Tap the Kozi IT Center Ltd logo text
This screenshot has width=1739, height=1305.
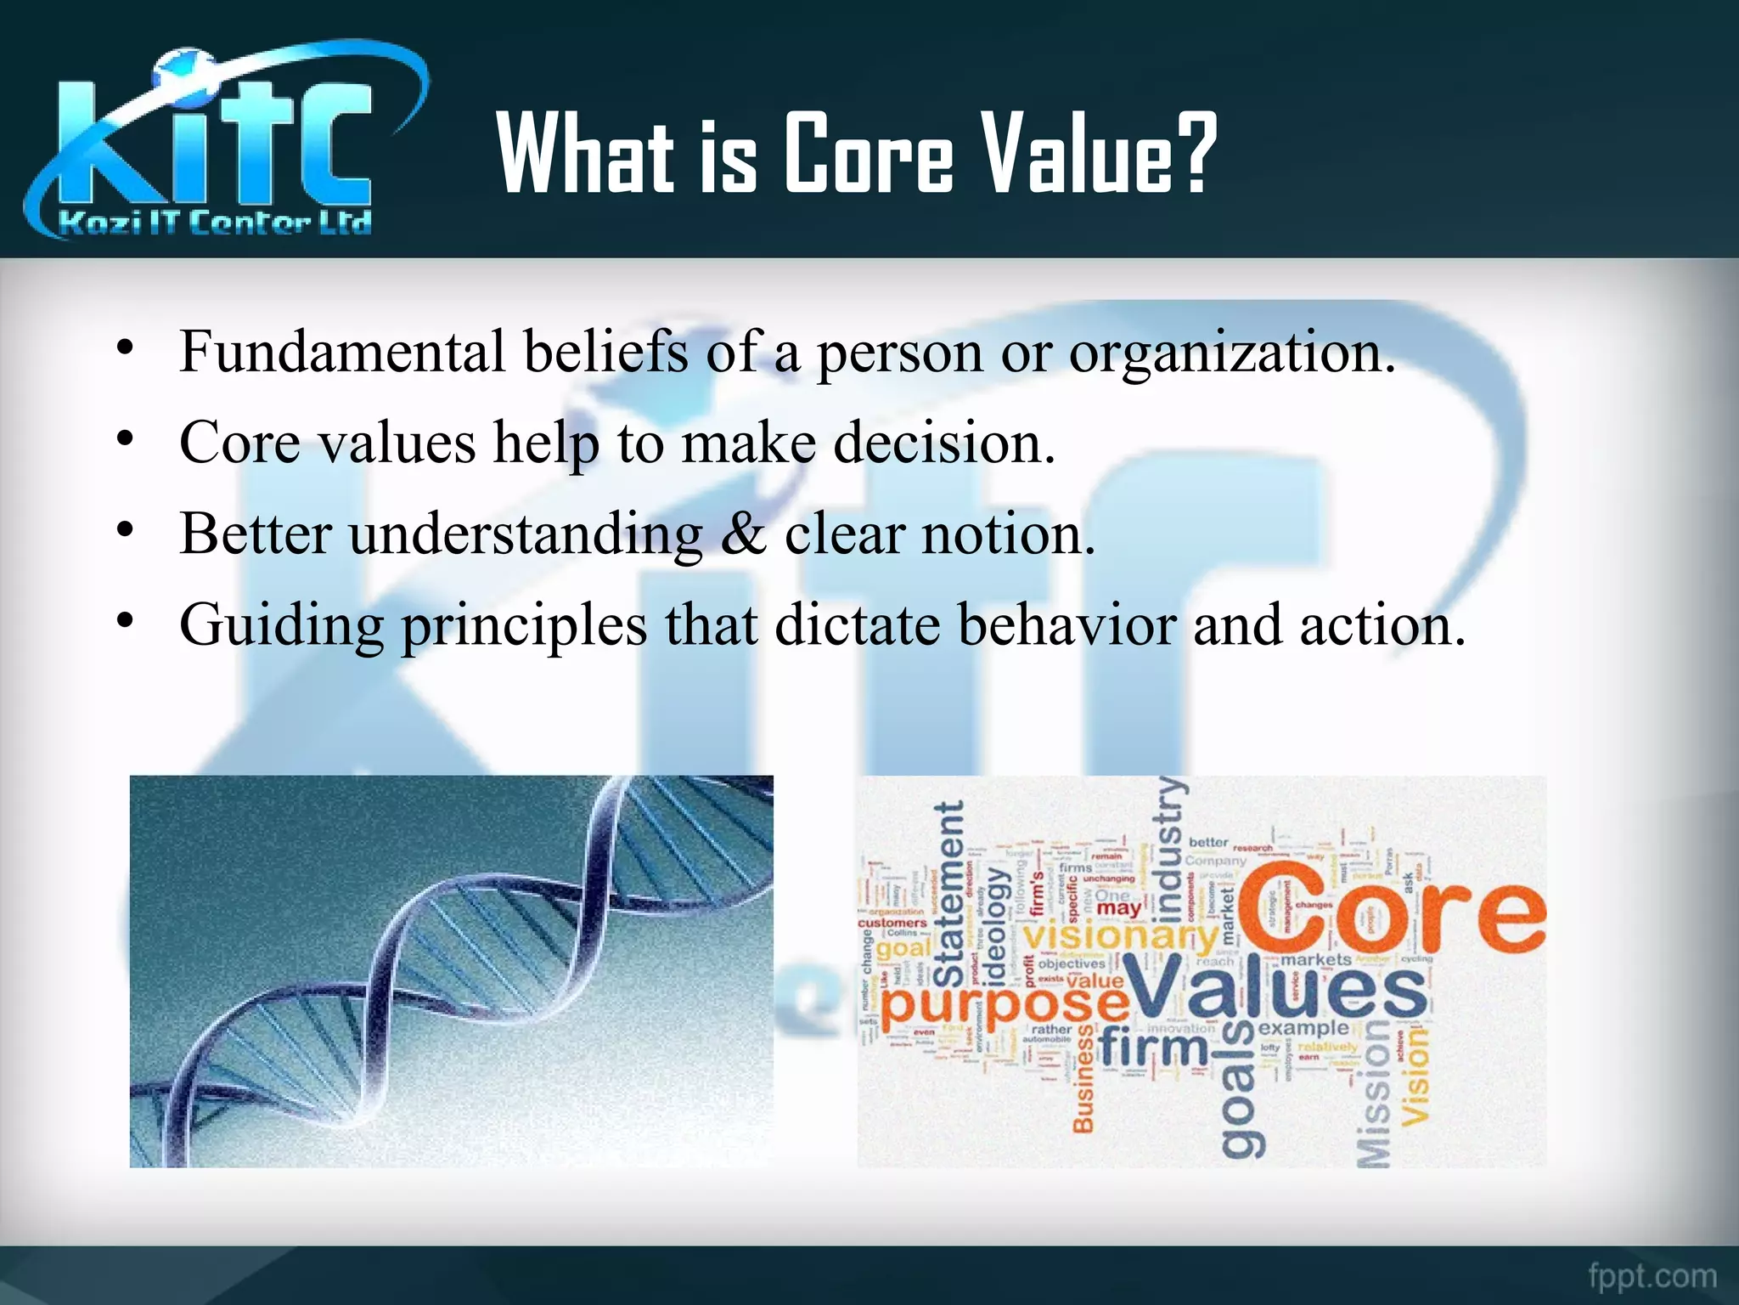point(215,223)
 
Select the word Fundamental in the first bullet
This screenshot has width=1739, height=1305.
point(342,352)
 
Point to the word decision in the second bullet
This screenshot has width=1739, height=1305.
point(943,443)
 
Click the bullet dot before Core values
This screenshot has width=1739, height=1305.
point(126,439)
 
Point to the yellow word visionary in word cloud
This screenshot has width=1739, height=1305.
point(1118,935)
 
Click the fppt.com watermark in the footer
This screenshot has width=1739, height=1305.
point(1652,1275)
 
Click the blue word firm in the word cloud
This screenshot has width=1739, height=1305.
point(1153,1048)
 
